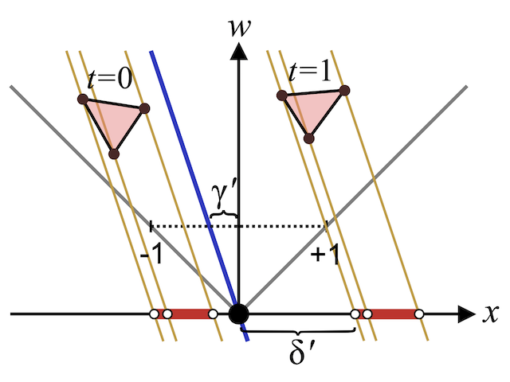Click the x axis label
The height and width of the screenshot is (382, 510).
pyautogui.click(x=488, y=314)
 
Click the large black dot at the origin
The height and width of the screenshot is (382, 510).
pyautogui.click(x=237, y=314)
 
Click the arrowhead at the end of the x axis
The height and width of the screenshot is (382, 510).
pyautogui.click(x=465, y=314)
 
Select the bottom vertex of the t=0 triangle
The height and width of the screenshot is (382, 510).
pyautogui.click(x=114, y=153)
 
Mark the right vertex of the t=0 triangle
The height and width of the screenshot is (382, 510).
pyautogui.click(x=144, y=108)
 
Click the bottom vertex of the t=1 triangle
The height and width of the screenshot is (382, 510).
pyautogui.click(x=309, y=138)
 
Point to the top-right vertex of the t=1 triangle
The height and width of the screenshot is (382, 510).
pyautogui.click(x=344, y=89)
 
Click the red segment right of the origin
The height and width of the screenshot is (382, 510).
pyautogui.click(x=393, y=314)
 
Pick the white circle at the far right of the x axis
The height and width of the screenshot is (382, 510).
pyautogui.click(x=419, y=314)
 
